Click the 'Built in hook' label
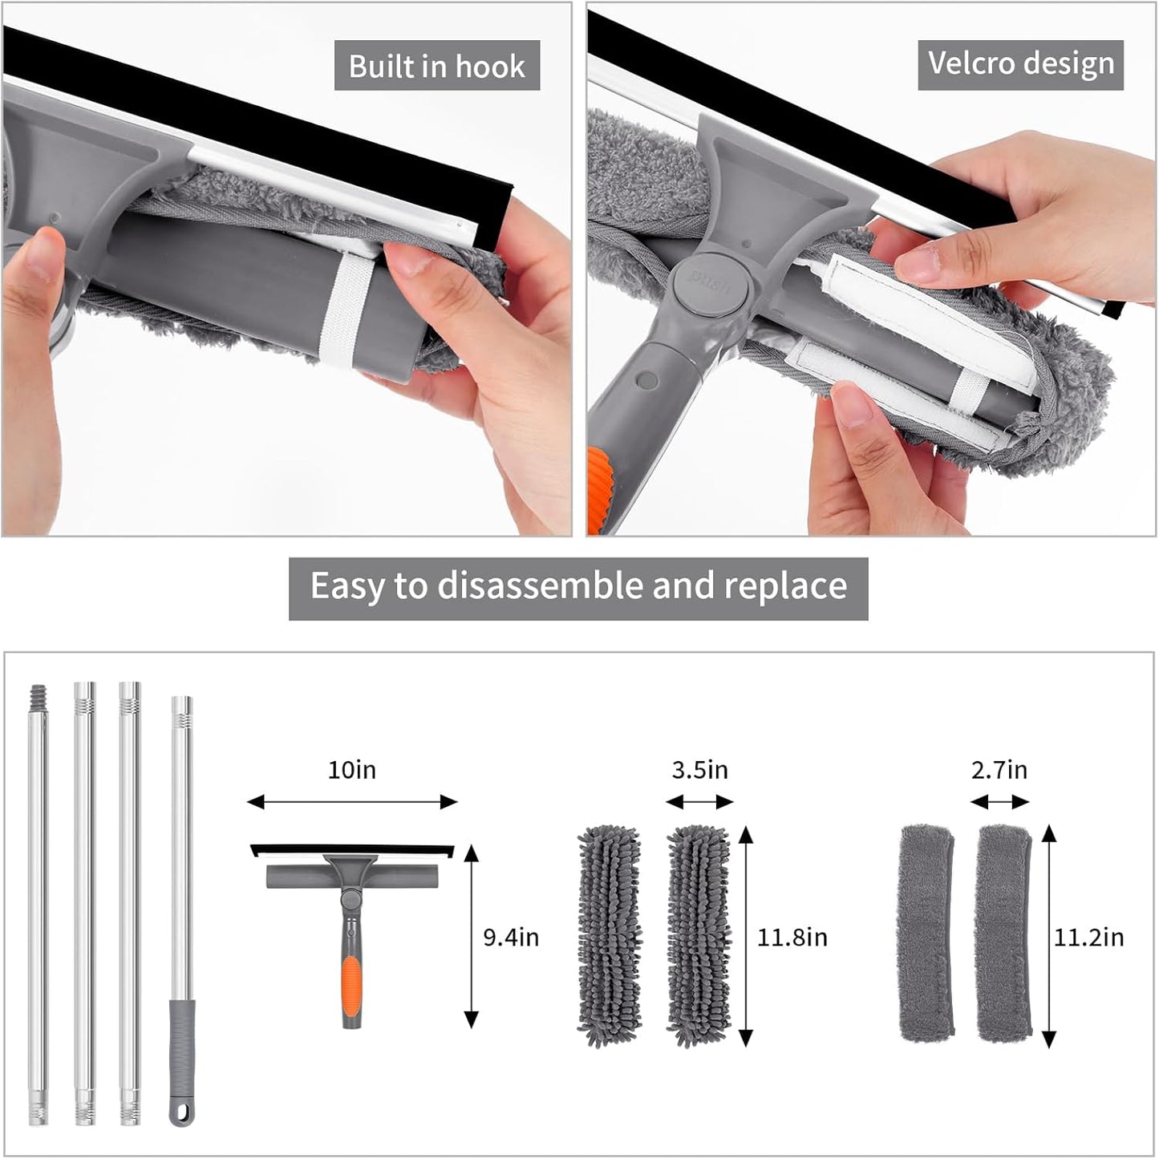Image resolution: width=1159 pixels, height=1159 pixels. coord(436,66)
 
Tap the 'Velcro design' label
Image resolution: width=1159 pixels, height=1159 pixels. coord(1020,63)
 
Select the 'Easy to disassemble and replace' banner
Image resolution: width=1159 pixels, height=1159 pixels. coord(578,586)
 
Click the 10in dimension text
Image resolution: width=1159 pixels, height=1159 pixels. coord(351,770)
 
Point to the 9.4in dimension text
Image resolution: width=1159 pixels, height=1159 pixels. coord(511,937)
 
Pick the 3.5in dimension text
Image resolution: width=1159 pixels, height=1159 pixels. coord(699,770)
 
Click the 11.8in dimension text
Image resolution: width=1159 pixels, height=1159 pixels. coord(792,937)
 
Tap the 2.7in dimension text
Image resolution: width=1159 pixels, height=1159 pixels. coord(999,770)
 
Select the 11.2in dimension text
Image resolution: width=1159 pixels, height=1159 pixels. coord(1088,937)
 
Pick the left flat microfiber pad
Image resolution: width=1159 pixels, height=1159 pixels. coord(926,932)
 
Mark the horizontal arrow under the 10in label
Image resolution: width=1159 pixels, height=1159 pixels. coord(351,801)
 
